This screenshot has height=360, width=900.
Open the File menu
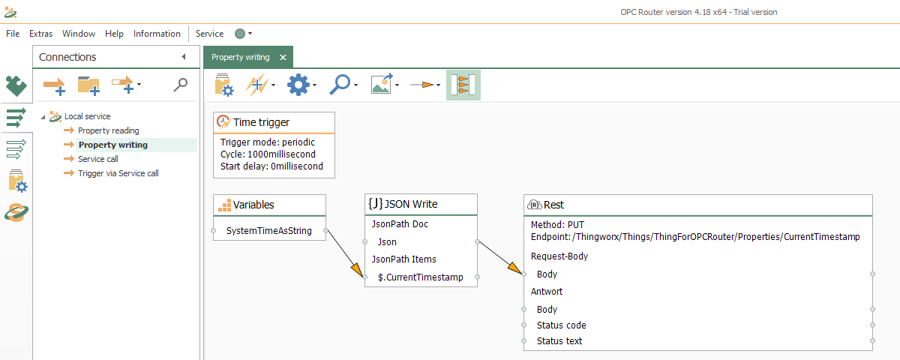(x=13, y=34)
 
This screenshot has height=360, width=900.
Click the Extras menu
(x=40, y=34)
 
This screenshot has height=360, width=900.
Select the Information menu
(x=157, y=34)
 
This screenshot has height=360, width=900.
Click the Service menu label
(x=209, y=34)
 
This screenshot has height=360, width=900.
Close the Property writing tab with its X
(x=283, y=57)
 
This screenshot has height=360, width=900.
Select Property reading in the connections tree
(x=108, y=130)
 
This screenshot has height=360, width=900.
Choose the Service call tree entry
(x=97, y=159)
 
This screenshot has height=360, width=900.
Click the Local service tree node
(x=87, y=116)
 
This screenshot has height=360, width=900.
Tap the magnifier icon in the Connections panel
(x=180, y=85)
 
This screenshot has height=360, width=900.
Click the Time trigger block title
(x=261, y=122)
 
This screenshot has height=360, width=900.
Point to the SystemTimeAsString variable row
(x=268, y=231)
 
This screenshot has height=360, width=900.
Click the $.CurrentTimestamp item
(x=420, y=277)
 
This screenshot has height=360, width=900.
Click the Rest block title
(x=554, y=205)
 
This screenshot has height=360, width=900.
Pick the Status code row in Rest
(x=561, y=325)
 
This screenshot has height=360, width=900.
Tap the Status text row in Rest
(x=559, y=341)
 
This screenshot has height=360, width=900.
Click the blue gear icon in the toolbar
(x=298, y=85)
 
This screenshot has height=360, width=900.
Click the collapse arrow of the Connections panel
(x=184, y=57)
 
